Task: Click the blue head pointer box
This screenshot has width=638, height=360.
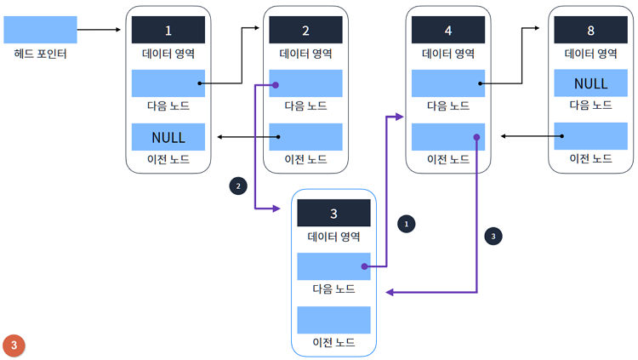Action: point(40,30)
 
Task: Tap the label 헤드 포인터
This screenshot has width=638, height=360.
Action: point(40,54)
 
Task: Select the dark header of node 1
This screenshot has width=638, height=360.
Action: point(168,31)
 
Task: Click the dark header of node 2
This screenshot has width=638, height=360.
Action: point(305,31)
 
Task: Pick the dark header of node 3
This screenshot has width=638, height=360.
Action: point(333,213)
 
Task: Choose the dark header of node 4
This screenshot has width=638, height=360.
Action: point(447,31)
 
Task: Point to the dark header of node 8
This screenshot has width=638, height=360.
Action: point(590,31)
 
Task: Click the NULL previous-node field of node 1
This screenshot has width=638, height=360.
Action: point(168,137)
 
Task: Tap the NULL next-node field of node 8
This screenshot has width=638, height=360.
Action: point(590,83)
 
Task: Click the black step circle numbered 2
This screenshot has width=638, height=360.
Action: point(239,184)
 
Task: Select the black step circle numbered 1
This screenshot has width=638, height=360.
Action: point(407,223)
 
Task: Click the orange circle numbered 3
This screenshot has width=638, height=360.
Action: point(14,345)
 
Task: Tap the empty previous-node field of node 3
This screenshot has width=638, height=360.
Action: point(333,320)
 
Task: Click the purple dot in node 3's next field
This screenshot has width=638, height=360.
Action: point(363,266)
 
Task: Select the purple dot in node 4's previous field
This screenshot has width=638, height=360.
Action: point(477,136)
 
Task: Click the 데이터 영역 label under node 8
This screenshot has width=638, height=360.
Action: point(590,53)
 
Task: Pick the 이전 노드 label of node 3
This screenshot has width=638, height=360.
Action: point(333,342)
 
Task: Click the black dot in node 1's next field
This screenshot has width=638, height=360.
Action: point(200,83)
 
